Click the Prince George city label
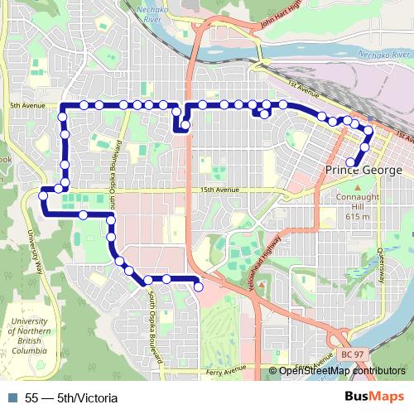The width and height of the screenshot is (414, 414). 363,170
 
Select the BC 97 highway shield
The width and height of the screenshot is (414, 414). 352,354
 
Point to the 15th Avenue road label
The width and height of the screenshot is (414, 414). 219,190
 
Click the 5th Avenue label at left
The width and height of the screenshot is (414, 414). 26,106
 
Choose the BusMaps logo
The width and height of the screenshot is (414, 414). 373,397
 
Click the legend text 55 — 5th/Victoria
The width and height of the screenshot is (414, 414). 71,398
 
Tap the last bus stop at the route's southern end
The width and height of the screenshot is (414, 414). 199,286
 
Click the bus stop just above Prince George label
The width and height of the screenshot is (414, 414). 350,162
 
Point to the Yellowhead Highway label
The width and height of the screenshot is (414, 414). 262,260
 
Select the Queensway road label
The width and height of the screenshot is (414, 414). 381,264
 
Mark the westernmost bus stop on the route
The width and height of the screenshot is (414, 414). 41,196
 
